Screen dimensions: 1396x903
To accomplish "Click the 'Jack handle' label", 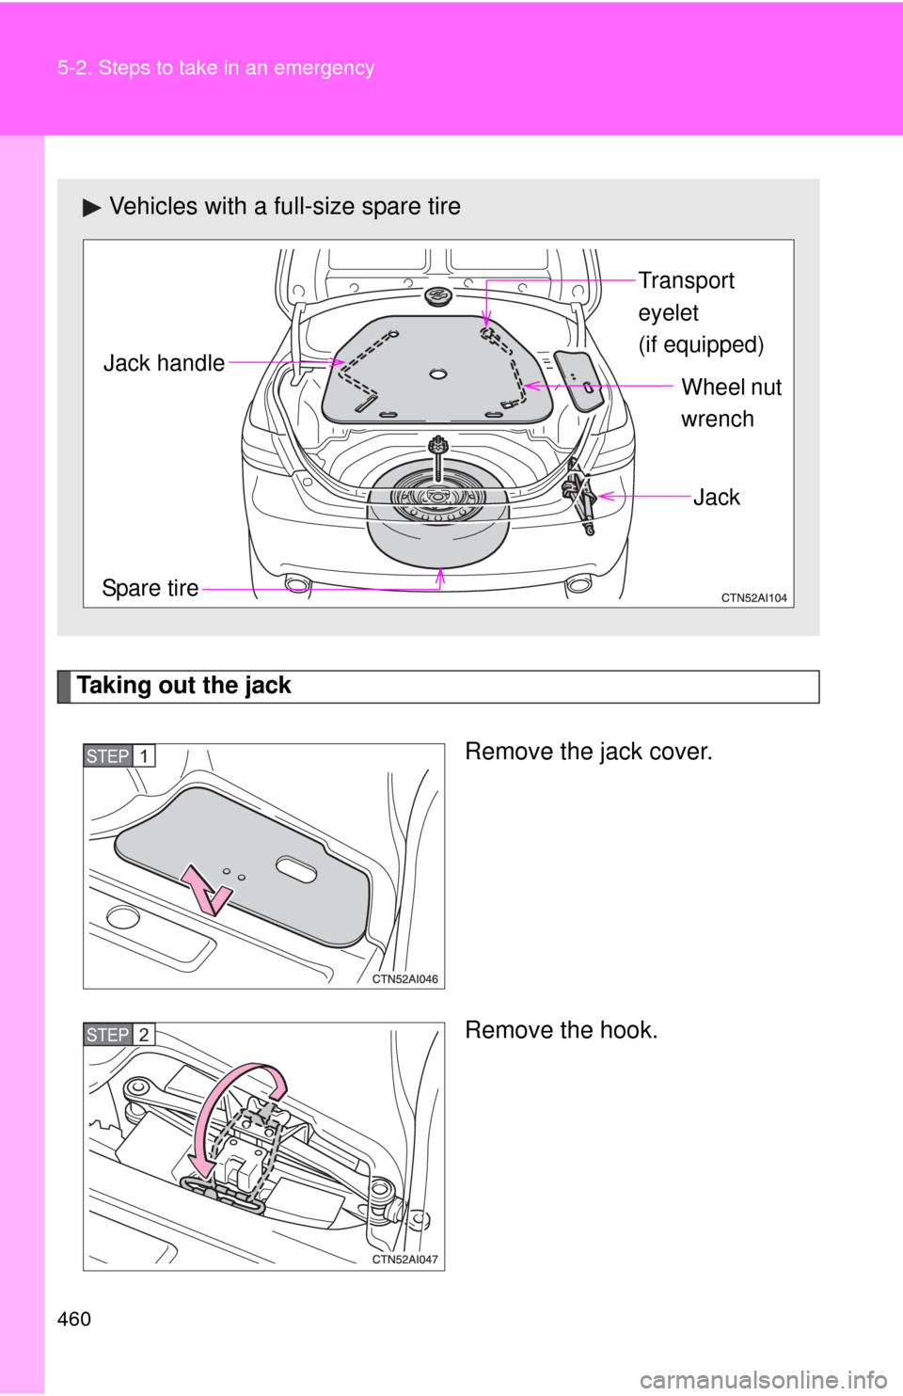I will (164, 363).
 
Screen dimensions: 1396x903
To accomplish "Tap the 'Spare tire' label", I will (150, 588).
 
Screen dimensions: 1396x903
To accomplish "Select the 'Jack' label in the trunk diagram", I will (716, 497).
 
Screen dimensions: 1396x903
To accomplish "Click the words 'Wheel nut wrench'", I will (731, 403).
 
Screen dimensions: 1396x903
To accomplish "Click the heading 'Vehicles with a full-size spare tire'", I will (285, 206).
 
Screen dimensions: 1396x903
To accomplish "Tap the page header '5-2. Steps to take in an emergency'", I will (215, 68).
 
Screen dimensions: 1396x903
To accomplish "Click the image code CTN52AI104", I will (753, 597).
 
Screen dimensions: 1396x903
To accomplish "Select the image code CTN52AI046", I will (404, 978).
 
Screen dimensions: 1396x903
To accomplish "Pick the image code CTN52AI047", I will (404, 1259).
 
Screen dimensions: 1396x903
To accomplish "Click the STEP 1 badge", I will (119, 756).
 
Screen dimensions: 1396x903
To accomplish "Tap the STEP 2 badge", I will (119, 1035).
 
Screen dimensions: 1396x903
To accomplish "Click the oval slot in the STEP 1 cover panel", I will (296, 869).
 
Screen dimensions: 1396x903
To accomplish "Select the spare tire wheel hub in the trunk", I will (437, 497).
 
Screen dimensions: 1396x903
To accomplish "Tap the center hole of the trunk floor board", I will (437, 374).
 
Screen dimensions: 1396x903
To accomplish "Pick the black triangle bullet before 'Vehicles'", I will (91, 207).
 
